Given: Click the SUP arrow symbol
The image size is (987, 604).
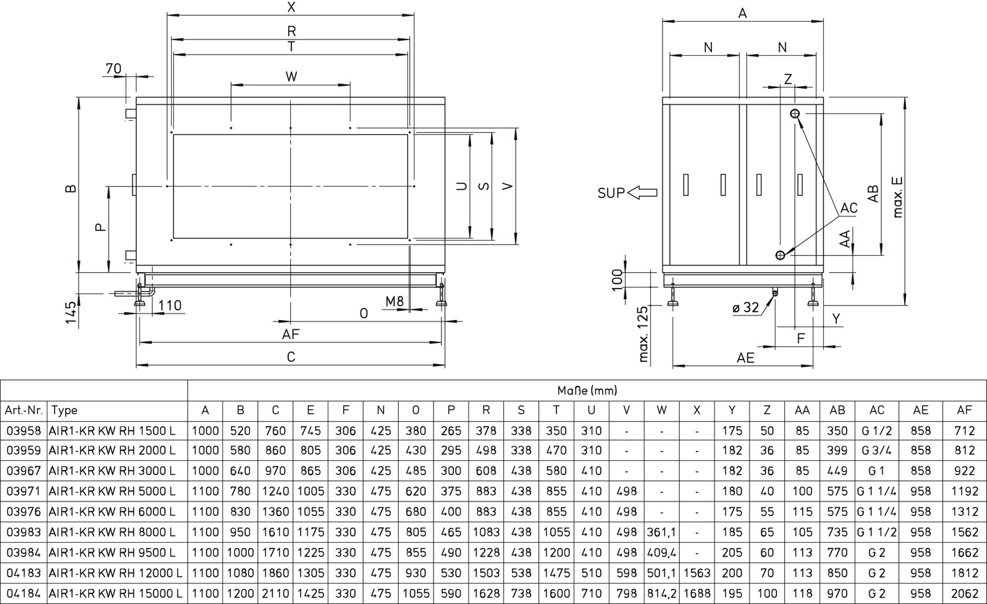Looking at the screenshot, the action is coord(642,193).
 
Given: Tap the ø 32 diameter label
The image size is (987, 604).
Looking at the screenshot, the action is coord(746,308).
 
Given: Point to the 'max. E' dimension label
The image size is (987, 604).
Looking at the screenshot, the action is coord(898,197).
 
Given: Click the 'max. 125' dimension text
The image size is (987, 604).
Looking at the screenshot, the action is coord(644,334).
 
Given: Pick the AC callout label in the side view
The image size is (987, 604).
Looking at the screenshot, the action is coord(849,208).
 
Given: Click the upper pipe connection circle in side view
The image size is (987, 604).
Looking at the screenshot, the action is coord(795,114).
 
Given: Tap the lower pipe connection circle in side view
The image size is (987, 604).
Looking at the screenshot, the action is coord(780,255).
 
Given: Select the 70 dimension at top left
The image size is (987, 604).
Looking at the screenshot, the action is coord(113,68).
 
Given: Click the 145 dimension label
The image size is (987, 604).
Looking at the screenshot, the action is coord(71,313).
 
